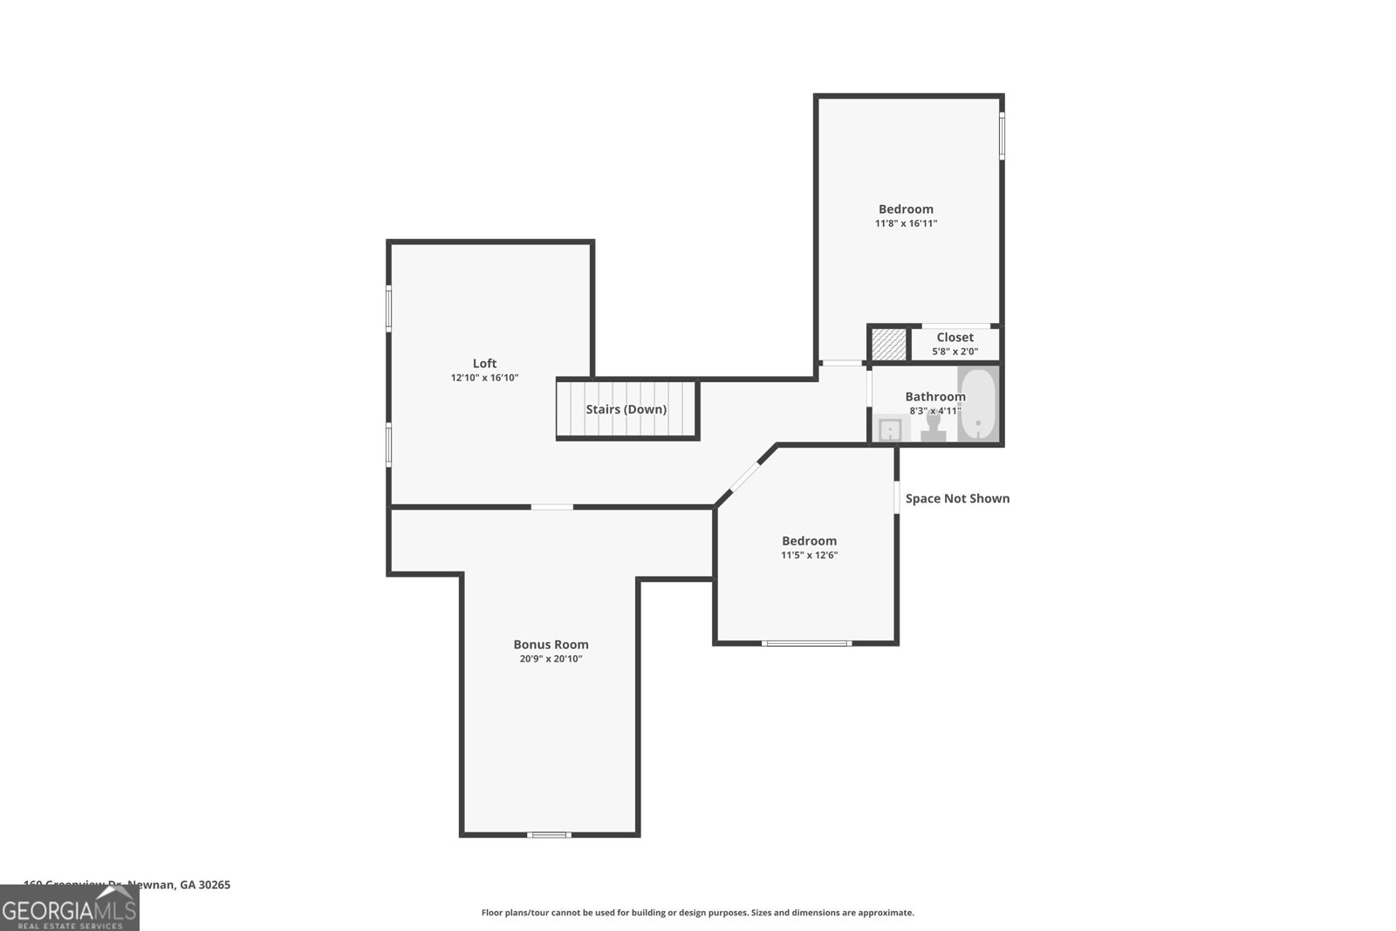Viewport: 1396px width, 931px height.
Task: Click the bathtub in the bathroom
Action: click(x=978, y=405)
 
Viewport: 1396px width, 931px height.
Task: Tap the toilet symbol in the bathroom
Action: click(x=933, y=427)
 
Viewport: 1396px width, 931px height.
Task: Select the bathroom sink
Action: click(x=888, y=428)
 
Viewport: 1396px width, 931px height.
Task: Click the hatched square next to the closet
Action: click(x=889, y=344)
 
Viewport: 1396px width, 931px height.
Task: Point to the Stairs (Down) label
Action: click(x=626, y=409)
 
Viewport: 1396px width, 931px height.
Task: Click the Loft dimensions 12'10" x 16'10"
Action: click(x=484, y=378)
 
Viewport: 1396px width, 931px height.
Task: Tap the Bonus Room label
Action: click(x=551, y=645)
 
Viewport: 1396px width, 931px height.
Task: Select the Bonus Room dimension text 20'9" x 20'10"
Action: click(x=551, y=659)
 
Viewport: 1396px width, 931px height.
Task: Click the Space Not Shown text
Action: click(x=957, y=498)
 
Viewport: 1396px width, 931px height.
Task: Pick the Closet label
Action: click(x=955, y=338)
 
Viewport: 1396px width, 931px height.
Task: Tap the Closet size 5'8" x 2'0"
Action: click(x=955, y=352)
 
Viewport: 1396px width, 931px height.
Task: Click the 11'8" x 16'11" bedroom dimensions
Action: click(x=906, y=223)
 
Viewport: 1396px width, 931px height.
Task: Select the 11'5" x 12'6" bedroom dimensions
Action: click(x=809, y=555)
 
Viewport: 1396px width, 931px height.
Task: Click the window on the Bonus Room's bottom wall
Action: click(x=549, y=835)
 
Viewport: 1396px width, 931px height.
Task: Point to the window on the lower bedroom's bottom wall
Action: click(x=805, y=643)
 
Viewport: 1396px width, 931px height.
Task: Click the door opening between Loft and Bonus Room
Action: click(x=551, y=507)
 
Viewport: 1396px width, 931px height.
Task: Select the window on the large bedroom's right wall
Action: click(x=1002, y=136)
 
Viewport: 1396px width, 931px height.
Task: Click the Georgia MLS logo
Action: click(x=69, y=910)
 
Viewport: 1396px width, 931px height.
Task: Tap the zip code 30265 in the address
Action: click(x=215, y=885)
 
